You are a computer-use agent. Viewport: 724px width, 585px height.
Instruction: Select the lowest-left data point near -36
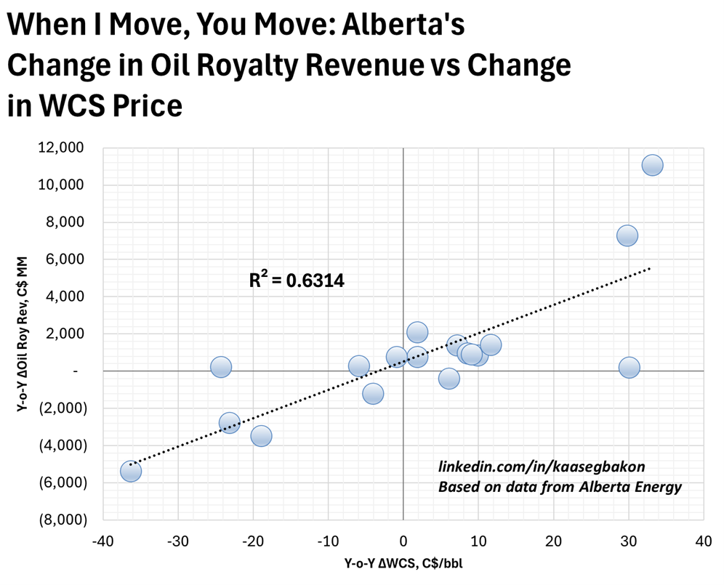point(131,471)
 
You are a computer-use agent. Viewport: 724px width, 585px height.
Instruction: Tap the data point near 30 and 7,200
point(627,235)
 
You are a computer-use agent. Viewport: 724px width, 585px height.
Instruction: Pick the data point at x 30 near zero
point(629,368)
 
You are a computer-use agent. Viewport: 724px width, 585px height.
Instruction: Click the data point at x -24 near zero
point(221,367)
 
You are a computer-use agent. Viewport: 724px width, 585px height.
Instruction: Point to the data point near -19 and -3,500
point(261,436)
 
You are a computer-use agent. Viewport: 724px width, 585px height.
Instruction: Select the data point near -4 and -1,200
point(373,394)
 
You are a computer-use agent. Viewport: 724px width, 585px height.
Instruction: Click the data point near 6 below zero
point(449,378)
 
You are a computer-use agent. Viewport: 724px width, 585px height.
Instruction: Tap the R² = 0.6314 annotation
point(297,280)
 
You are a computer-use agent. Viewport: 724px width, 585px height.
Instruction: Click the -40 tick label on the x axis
point(103,541)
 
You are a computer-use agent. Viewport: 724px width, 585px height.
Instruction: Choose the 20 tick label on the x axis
point(553,541)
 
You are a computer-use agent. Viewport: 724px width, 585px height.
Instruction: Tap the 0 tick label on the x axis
point(403,541)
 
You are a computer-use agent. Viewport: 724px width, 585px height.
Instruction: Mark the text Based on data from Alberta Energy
point(560,486)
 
